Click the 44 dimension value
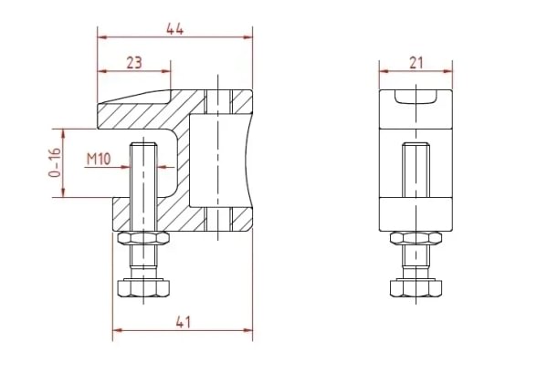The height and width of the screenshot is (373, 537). click(175, 29)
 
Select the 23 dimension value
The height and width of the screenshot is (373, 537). click(134, 63)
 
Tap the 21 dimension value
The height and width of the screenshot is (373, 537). click(416, 63)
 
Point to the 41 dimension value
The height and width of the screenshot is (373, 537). click(183, 322)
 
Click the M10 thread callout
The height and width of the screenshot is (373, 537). click(99, 160)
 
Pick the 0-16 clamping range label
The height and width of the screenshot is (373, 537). click(55, 162)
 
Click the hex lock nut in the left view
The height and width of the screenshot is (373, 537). click(143, 238)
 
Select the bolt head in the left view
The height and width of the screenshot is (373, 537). click(143, 288)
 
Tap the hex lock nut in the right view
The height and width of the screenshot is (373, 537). click(416, 238)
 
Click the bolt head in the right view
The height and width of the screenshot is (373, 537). click(416, 288)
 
